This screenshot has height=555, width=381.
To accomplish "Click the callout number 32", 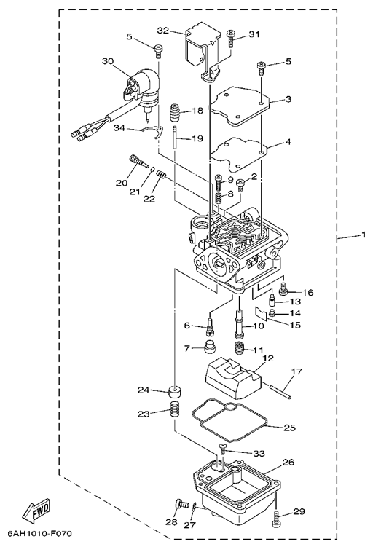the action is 163,31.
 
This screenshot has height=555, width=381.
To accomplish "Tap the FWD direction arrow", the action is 37,510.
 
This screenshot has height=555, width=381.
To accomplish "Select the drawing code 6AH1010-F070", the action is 39,533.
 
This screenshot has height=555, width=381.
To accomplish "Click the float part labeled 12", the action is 232,379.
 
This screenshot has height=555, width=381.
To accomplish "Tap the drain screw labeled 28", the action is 181,504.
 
